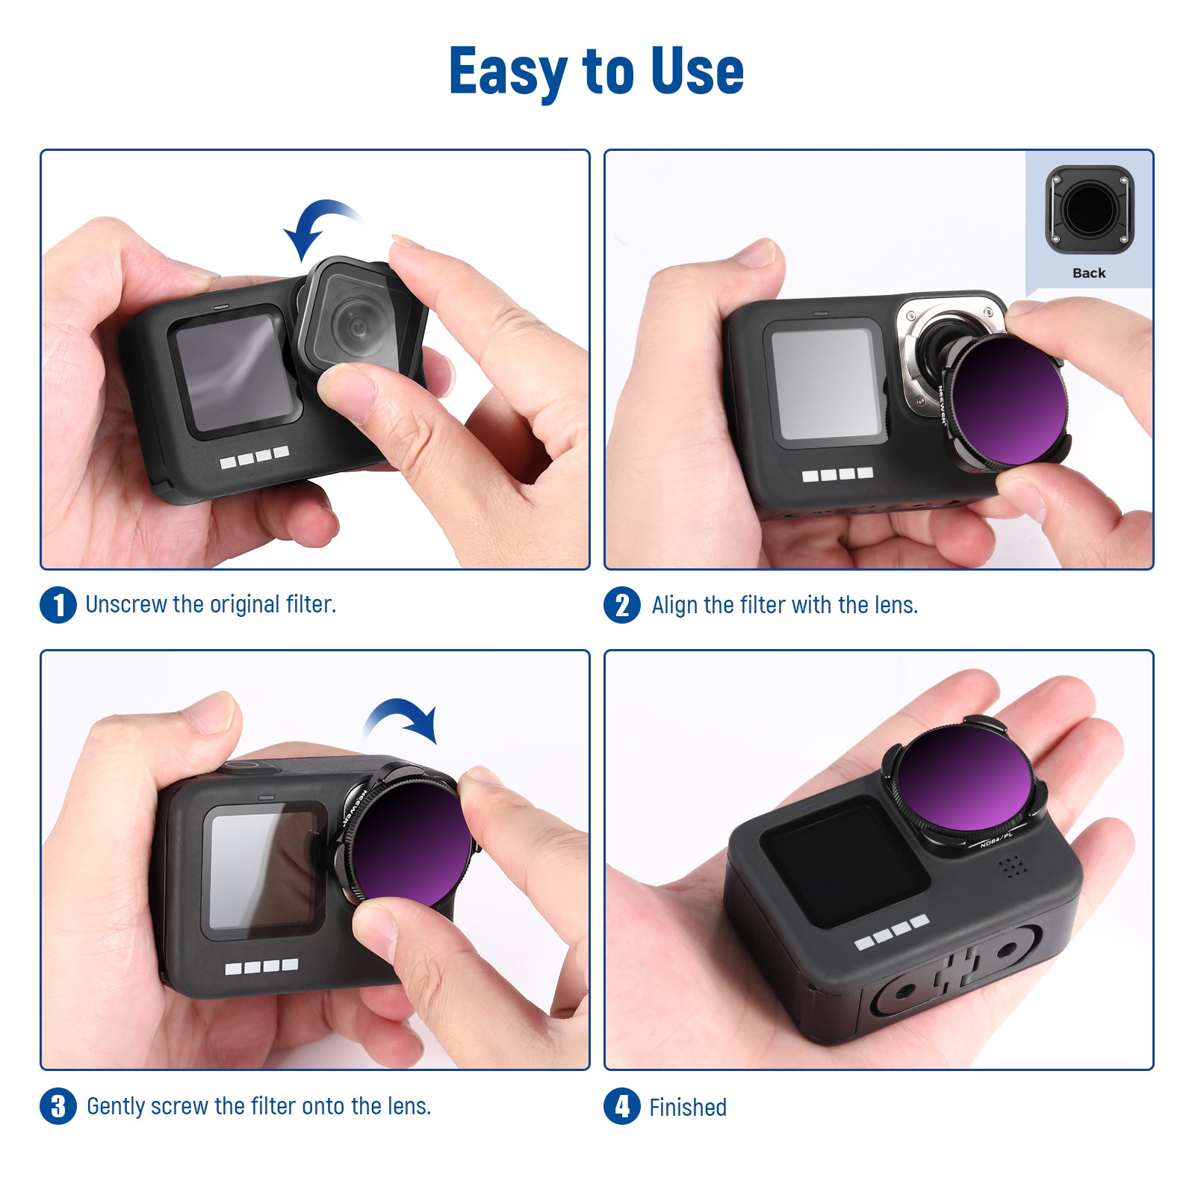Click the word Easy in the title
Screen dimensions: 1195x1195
click(x=509, y=72)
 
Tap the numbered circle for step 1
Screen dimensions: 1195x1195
click(x=58, y=604)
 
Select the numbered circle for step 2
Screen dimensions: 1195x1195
click(x=622, y=605)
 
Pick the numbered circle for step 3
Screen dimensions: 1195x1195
click(x=58, y=1106)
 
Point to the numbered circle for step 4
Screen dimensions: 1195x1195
click(x=622, y=1107)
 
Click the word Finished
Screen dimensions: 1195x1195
click(x=688, y=1107)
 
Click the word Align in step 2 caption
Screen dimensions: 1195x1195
click(x=675, y=605)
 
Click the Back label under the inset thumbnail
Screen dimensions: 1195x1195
click(x=1089, y=273)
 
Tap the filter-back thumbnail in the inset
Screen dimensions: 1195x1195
click(x=1090, y=210)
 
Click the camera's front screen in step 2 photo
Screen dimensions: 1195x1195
click(x=824, y=384)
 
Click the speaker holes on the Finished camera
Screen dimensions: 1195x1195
click(x=1013, y=866)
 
